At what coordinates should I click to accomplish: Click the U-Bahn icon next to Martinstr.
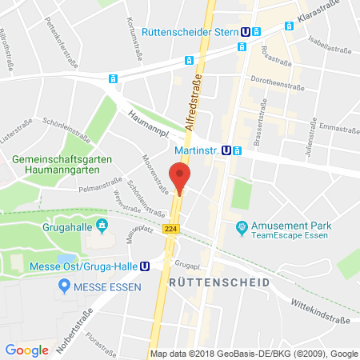227,150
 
